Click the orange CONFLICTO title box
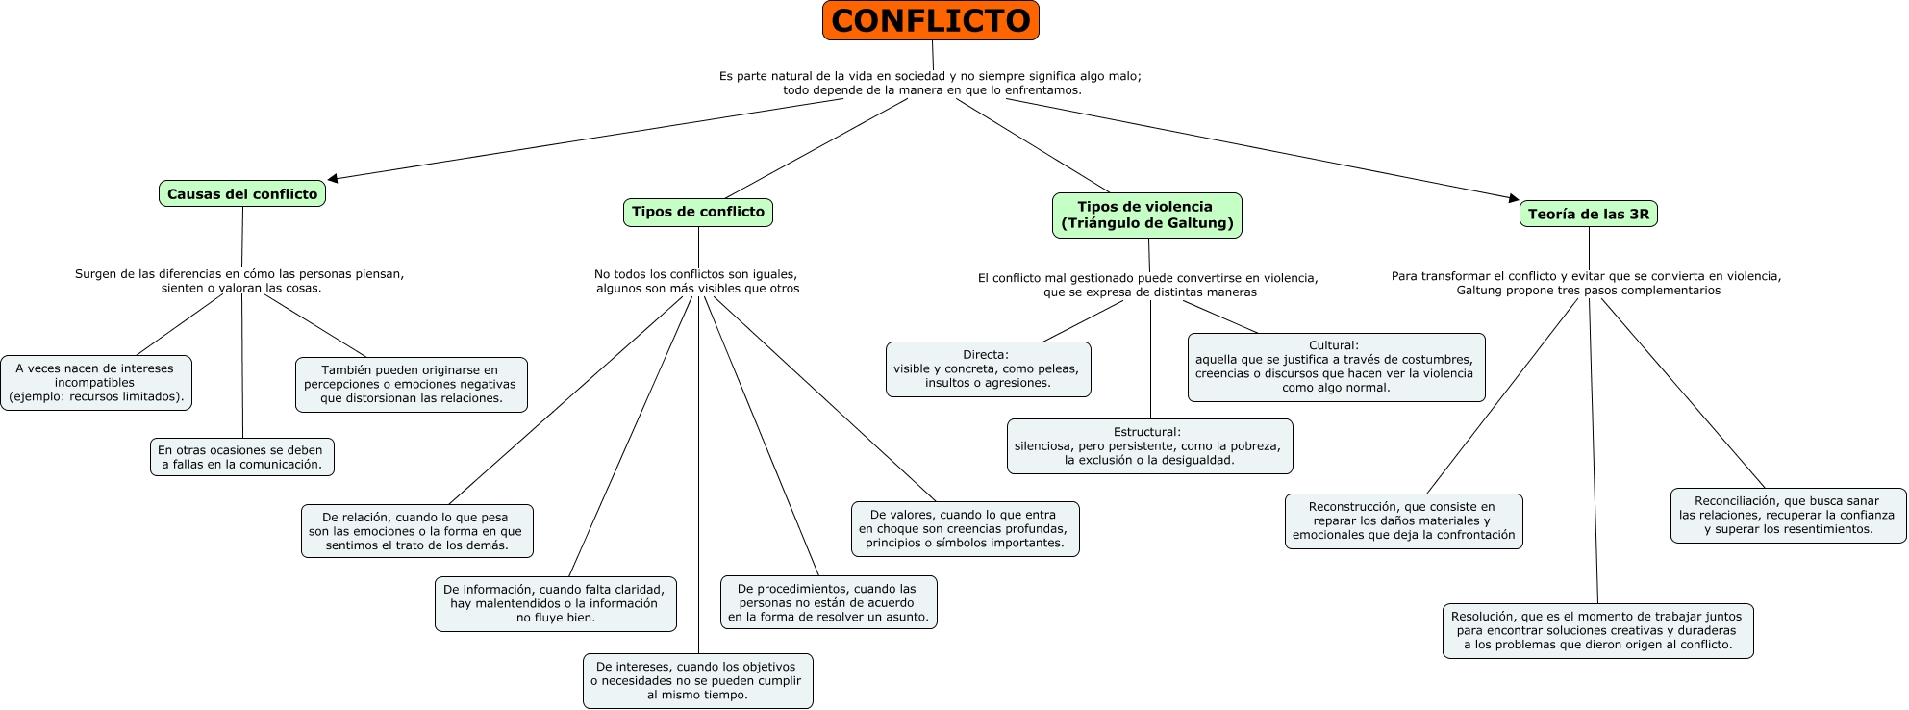[x=930, y=20]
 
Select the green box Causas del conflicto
[x=242, y=193]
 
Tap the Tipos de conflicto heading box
[x=697, y=212]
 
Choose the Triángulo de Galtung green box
[x=1146, y=215]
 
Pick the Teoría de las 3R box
[x=1588, y=214]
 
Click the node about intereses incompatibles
[x=96, y=383]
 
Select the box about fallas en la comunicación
[x=241, y=457]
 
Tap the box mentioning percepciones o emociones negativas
[x=411, y=384]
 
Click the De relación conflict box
[x=416, y=531]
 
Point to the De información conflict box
[x=555, y=603]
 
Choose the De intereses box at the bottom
[x=697, y=680]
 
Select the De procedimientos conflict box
[x=828, y=602]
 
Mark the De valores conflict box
[x=965, y=529]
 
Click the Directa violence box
[x=988, y=368]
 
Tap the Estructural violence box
[x=1149, y=446]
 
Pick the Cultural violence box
[x=1336, y=367]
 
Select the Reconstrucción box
[x=1403, y=520]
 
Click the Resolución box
[x=1597, y=630]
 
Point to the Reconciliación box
[x=1788, y=515]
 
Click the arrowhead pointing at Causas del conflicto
[x=333, y=178]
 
